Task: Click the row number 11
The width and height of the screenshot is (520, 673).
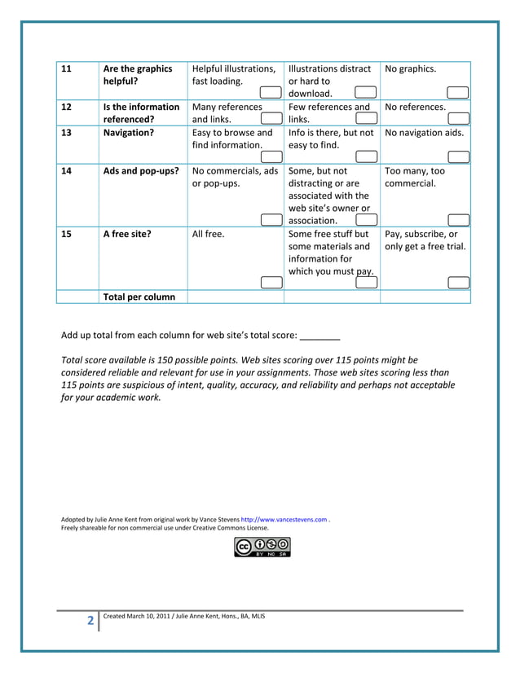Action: [68, 69]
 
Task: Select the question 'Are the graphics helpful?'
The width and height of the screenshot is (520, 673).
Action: [137, 75]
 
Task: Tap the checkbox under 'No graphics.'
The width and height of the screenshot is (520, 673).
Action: [458, 93]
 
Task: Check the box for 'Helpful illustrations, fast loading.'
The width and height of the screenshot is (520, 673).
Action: [271, 93]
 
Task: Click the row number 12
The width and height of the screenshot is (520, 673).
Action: [68, 107]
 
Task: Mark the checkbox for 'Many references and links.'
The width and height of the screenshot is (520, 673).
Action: [271, 118]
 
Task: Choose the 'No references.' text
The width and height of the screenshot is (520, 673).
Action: [415, 107]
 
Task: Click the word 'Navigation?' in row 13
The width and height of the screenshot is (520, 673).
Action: [128, 132]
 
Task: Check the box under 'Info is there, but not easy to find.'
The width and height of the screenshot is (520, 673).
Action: [365, 156]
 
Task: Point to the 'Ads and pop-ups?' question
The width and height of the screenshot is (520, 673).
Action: [140, 171]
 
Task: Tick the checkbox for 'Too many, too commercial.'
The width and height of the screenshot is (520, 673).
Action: [458, 219]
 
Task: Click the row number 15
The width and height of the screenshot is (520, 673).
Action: [68, 234]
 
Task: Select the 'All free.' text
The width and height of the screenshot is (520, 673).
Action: [208, 234]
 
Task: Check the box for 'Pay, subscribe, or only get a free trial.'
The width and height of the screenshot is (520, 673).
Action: [458, 283]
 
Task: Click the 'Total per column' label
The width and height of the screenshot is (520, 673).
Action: [139, 297]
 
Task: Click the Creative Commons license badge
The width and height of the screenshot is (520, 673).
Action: [262, 547]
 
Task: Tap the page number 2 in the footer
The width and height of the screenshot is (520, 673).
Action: [90, 622]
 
